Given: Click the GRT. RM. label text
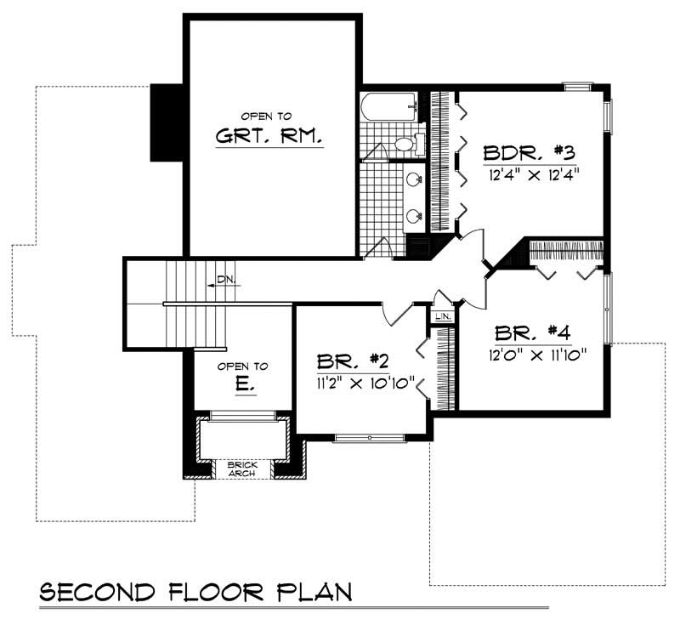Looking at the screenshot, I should pos(269,136).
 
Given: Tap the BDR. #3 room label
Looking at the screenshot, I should pos(530,153).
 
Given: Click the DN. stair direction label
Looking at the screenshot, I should pos(226,279).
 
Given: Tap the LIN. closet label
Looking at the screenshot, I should pos(442,315).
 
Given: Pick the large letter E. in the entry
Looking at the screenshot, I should pos(243,384).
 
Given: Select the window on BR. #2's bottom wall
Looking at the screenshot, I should pos(369,438).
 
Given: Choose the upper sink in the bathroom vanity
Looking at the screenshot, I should pos(414,180).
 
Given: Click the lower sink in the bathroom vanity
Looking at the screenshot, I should pos(414,216).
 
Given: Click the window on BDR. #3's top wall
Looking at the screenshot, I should pos(578,85).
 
